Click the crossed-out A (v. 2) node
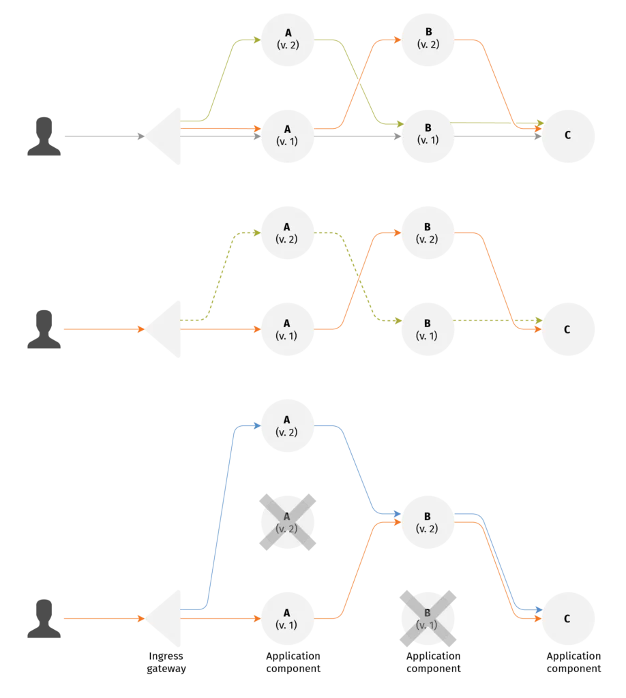click(287, 521)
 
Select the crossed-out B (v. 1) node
click(428, 618)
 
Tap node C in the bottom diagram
click(568, 619)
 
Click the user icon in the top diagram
click(44, 138)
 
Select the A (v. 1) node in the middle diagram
click(287, 330)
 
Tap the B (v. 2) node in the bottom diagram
click(428, 521)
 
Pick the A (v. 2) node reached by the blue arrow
click(287, 426)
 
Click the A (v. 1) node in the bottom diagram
click(287, 619)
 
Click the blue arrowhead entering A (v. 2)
click(257, 426)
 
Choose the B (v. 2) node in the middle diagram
click(428, 233)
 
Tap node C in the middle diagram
click(568, 330)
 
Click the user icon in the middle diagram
click(44, 330)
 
